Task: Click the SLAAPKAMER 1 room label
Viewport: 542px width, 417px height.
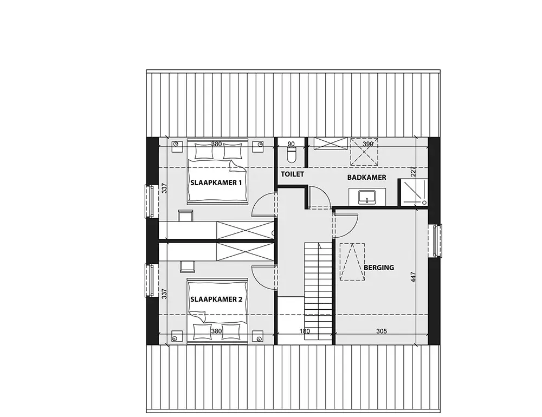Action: coord(216,183)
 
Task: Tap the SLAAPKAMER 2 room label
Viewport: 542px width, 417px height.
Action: coord(216,299)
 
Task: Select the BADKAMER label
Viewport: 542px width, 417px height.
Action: coord(367,178)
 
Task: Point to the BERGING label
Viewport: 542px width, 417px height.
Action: coord(379,268)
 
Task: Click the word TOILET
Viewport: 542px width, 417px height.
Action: coord(293,174)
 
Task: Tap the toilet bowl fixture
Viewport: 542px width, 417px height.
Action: coord(292,154)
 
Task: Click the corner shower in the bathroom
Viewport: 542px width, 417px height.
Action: coord(412,192)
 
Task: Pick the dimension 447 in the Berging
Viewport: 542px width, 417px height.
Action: coord(414,277)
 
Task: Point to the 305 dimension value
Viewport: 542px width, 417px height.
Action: coord(381,331)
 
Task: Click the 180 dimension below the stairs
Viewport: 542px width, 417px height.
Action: coord(305,331)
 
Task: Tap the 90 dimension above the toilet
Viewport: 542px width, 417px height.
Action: coord(291,144)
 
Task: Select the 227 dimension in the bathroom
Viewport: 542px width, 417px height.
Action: coord(414,172)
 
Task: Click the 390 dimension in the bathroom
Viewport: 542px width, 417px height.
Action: coord(368,144)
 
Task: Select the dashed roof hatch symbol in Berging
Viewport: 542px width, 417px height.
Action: coord(352,262)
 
